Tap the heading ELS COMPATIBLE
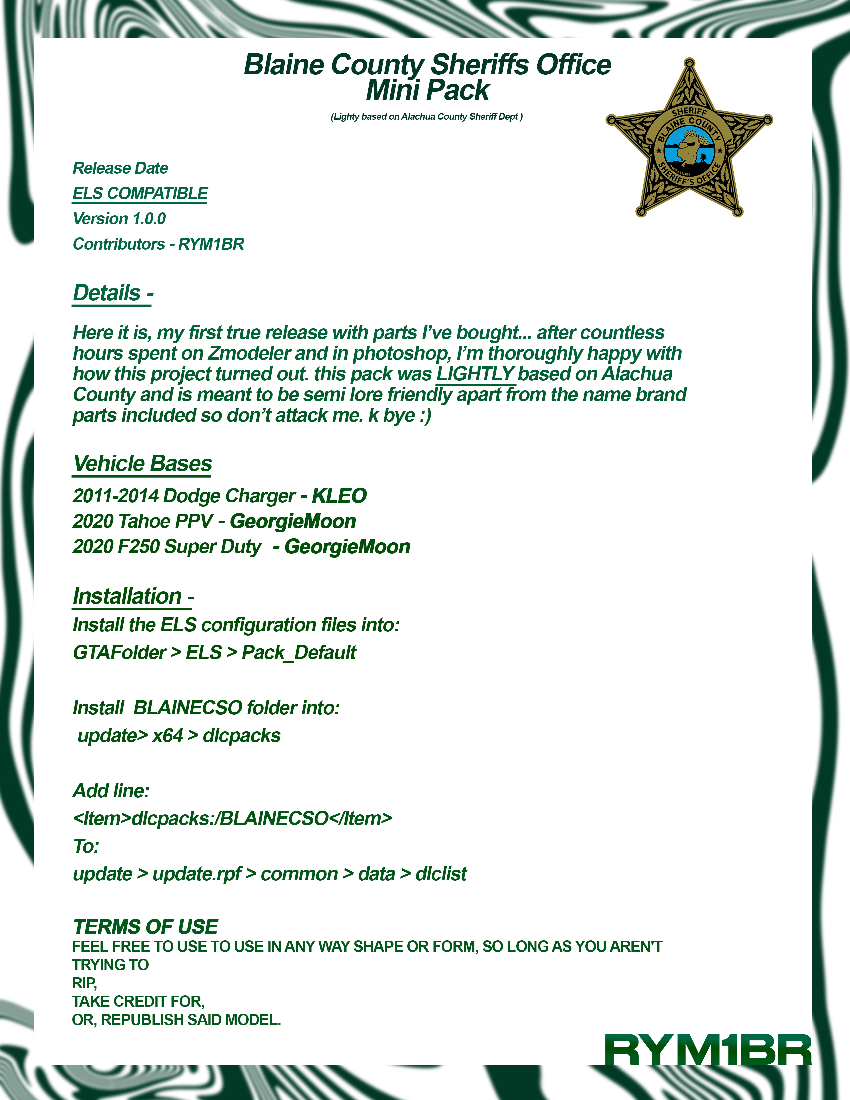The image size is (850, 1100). [140, 193]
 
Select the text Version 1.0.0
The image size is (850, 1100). [119, 219]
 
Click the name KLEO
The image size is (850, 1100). [339, 496]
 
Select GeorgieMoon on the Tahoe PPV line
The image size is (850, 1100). [293, 521]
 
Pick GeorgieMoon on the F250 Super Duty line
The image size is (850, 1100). [347, 547]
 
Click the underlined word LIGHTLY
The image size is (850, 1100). [475, 374]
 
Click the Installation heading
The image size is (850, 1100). [133, 596]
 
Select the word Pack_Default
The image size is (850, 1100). [299, 653]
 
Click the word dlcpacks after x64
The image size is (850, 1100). [242, 736]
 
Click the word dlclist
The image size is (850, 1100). [441, 874]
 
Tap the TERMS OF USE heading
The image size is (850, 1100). [146, 927]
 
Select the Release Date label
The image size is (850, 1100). [120, 168]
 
